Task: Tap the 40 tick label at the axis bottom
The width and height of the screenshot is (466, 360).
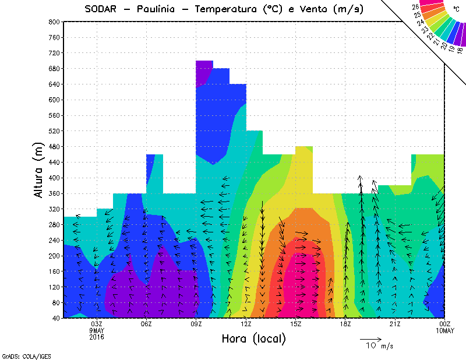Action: point(57,318)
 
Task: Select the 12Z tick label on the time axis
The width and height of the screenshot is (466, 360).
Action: point(246,324)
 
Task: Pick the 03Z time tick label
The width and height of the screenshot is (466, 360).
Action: point(97,324)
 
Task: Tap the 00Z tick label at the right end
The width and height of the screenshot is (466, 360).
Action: point(444,324)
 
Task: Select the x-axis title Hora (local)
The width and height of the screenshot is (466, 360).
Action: point(253,339)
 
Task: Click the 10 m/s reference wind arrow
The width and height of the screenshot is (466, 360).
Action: point(370,338)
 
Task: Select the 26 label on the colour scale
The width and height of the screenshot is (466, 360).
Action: point(415,6)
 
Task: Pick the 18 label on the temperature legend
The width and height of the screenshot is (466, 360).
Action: point(460,51)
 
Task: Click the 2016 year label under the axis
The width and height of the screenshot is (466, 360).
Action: point(97,336)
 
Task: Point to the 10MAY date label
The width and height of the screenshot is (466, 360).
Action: point(444,330)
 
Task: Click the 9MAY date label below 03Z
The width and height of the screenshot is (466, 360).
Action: point(97,330)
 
